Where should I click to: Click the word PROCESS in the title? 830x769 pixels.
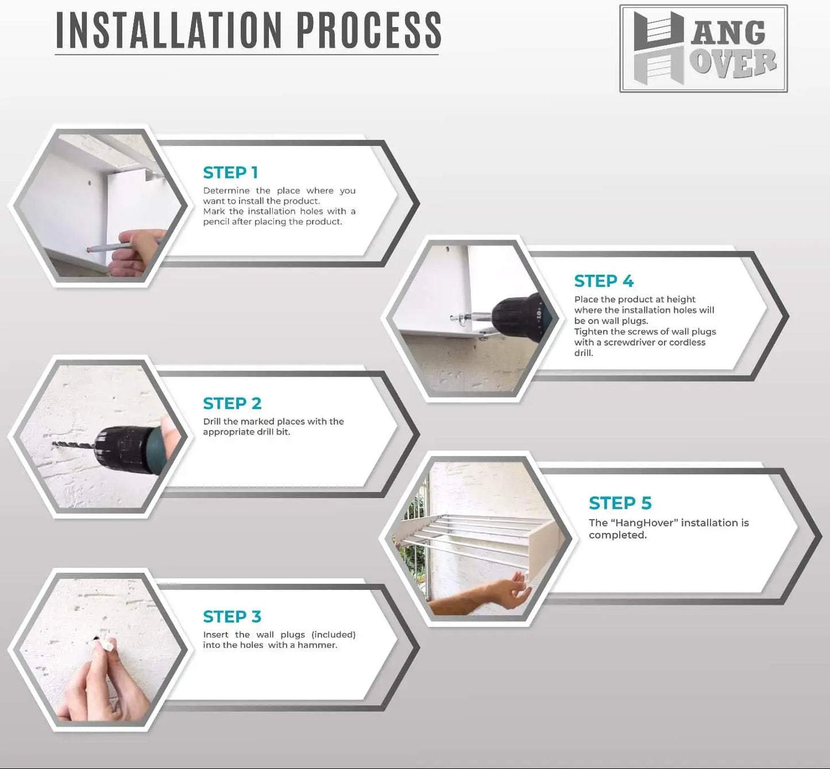coord(369,30)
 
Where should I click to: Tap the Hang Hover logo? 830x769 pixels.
coord(704,48)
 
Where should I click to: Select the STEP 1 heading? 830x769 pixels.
coord(230,173)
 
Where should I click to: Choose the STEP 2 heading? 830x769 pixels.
coord(232,403)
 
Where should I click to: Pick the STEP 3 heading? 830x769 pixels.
coord(232,616)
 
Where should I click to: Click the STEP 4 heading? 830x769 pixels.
coord(604,281)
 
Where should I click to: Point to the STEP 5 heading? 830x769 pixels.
coord(620,503)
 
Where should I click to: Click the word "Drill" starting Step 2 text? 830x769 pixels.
coord(212,421)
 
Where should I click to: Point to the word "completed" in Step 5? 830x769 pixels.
coord(617,535)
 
